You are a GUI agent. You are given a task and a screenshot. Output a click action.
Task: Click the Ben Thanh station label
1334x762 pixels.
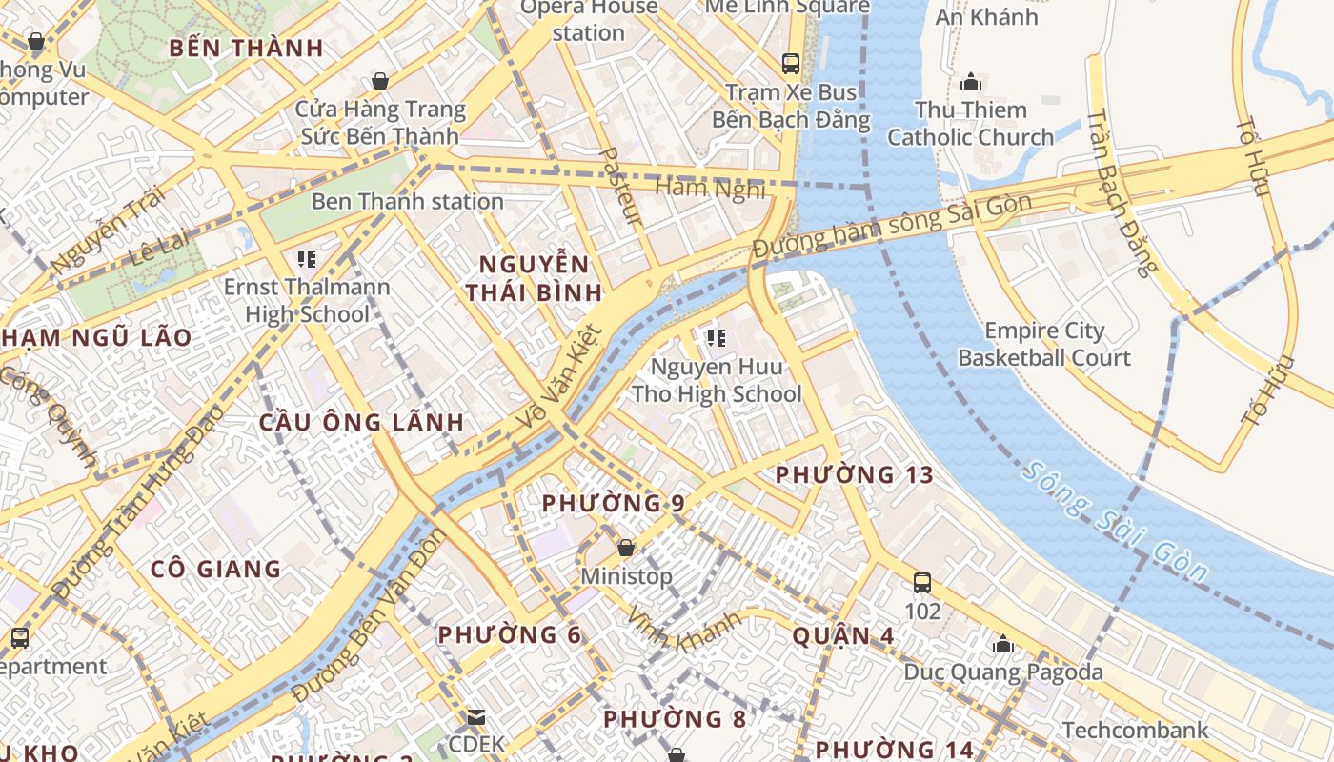(x=407, y=201)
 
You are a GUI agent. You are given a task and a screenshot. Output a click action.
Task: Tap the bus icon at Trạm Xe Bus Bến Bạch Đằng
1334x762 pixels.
(x=791, y=64)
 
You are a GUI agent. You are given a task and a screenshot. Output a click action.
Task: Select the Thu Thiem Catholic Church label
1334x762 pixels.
(x=970, y=124)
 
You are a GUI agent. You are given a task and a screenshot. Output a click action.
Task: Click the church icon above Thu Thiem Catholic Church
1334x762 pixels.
(x=971, y=83)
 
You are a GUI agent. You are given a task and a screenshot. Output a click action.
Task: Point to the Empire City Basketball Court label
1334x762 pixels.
(x=1044, y=345)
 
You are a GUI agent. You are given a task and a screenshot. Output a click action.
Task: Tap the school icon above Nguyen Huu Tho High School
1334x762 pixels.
(x=717, y=338)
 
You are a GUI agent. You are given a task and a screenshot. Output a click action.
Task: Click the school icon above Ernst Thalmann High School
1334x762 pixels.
(x=306, y=258)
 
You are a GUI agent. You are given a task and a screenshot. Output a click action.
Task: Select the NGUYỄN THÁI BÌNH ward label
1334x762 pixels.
(x=534, y=278)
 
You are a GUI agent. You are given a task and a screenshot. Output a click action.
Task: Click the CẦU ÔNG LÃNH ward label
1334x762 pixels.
(x=362, y=422)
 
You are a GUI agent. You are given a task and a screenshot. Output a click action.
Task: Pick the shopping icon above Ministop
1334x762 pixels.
(x=626, y=548)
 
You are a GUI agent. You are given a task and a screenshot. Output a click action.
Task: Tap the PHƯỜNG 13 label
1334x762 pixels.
(x=854, y=474)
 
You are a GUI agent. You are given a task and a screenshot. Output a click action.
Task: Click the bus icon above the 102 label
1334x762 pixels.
(x=921, y=582)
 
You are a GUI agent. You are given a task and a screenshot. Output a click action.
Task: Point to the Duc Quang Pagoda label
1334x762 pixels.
(x=1002, y=672)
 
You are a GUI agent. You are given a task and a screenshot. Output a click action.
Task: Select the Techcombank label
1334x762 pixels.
(x=1135, y=731)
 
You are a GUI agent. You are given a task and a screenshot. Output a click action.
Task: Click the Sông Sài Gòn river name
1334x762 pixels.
(x=1116, y=522)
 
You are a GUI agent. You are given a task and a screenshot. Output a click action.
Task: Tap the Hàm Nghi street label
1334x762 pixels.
(x=710, y=188)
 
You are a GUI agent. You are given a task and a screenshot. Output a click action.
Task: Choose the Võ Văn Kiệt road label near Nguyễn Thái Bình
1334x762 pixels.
(x=558, y=377)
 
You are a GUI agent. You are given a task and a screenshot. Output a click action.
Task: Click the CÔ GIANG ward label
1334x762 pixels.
(x=216, y=570)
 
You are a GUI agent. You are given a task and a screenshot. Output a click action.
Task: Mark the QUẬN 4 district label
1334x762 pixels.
(x=843, y=635)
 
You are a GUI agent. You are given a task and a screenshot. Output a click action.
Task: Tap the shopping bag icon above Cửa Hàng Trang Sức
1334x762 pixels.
(x=380, y=81)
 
